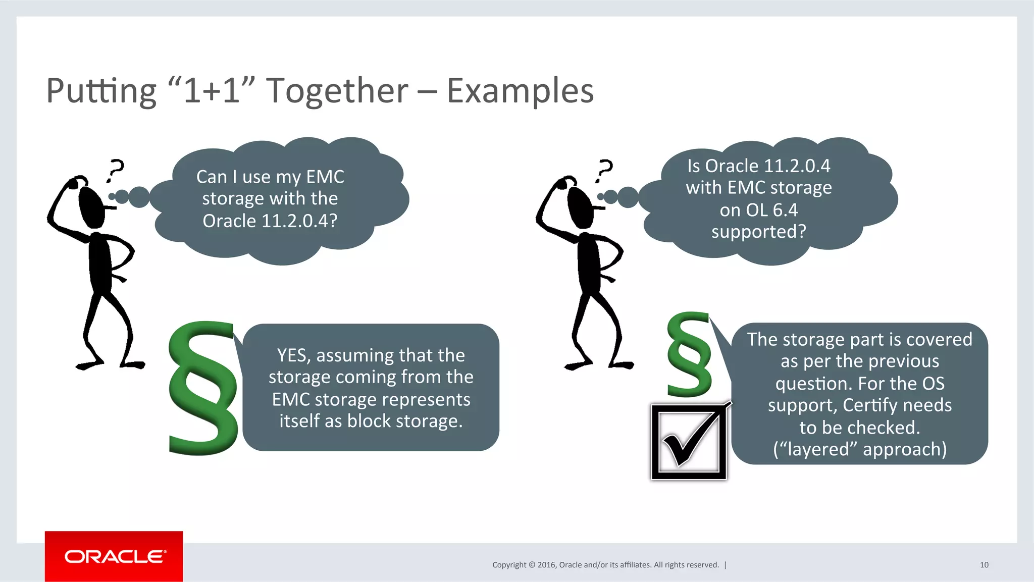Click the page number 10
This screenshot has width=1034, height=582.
984,565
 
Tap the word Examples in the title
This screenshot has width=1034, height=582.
520,91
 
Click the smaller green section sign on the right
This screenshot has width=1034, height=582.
689,355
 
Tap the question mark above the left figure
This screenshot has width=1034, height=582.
116,170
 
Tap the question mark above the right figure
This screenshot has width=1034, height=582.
604,170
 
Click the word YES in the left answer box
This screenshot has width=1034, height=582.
291,355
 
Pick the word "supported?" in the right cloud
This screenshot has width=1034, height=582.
759,232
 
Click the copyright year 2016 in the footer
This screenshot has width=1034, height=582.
547,565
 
